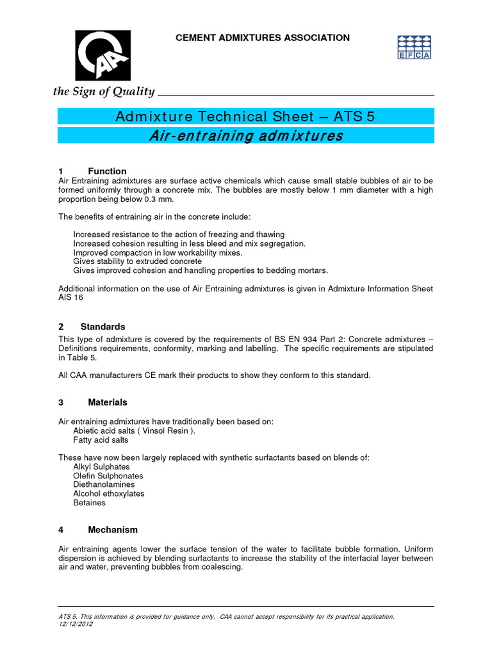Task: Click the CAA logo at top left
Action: click(103, 56)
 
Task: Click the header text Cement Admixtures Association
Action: click(263, 38)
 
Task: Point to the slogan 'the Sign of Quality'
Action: click(104, 92)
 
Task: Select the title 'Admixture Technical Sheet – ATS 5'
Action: click(245, 116)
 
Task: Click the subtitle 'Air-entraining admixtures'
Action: click(245, 136)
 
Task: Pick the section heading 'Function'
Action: click(107, 171)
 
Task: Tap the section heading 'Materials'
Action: click(107, 402)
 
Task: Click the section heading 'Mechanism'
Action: click(112, 530)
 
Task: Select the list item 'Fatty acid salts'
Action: click(101, 440)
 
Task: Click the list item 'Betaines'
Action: click(89, 503)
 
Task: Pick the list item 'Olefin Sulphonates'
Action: click(108, 476)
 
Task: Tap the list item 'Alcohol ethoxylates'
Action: click(109, 494)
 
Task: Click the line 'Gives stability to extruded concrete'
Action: click(137, 261)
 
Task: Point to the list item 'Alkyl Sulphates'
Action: click(101, 467)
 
